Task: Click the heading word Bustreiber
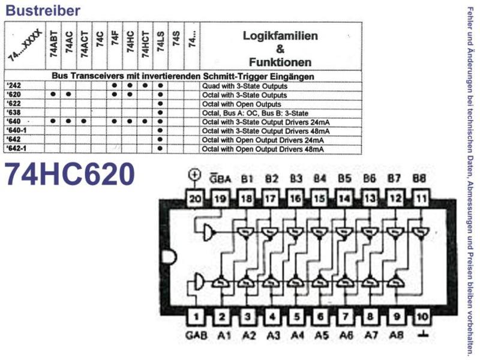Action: (43, 10)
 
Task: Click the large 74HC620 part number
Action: (70, 174)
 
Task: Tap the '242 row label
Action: (14, 85)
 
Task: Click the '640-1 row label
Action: (17, 130)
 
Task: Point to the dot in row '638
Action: (160, 112)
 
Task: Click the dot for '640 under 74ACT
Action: (83, 121)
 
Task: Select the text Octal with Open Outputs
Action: (242, 104)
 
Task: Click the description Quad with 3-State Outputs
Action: (245, 86)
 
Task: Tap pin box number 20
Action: (195, 199)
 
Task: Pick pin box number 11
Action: (421, 199)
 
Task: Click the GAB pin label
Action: (196, 335)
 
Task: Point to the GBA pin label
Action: (220, 178)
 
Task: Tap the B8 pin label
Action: (419, 178)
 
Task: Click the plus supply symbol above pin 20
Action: (194, 175)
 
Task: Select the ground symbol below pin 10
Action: (423, 334)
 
